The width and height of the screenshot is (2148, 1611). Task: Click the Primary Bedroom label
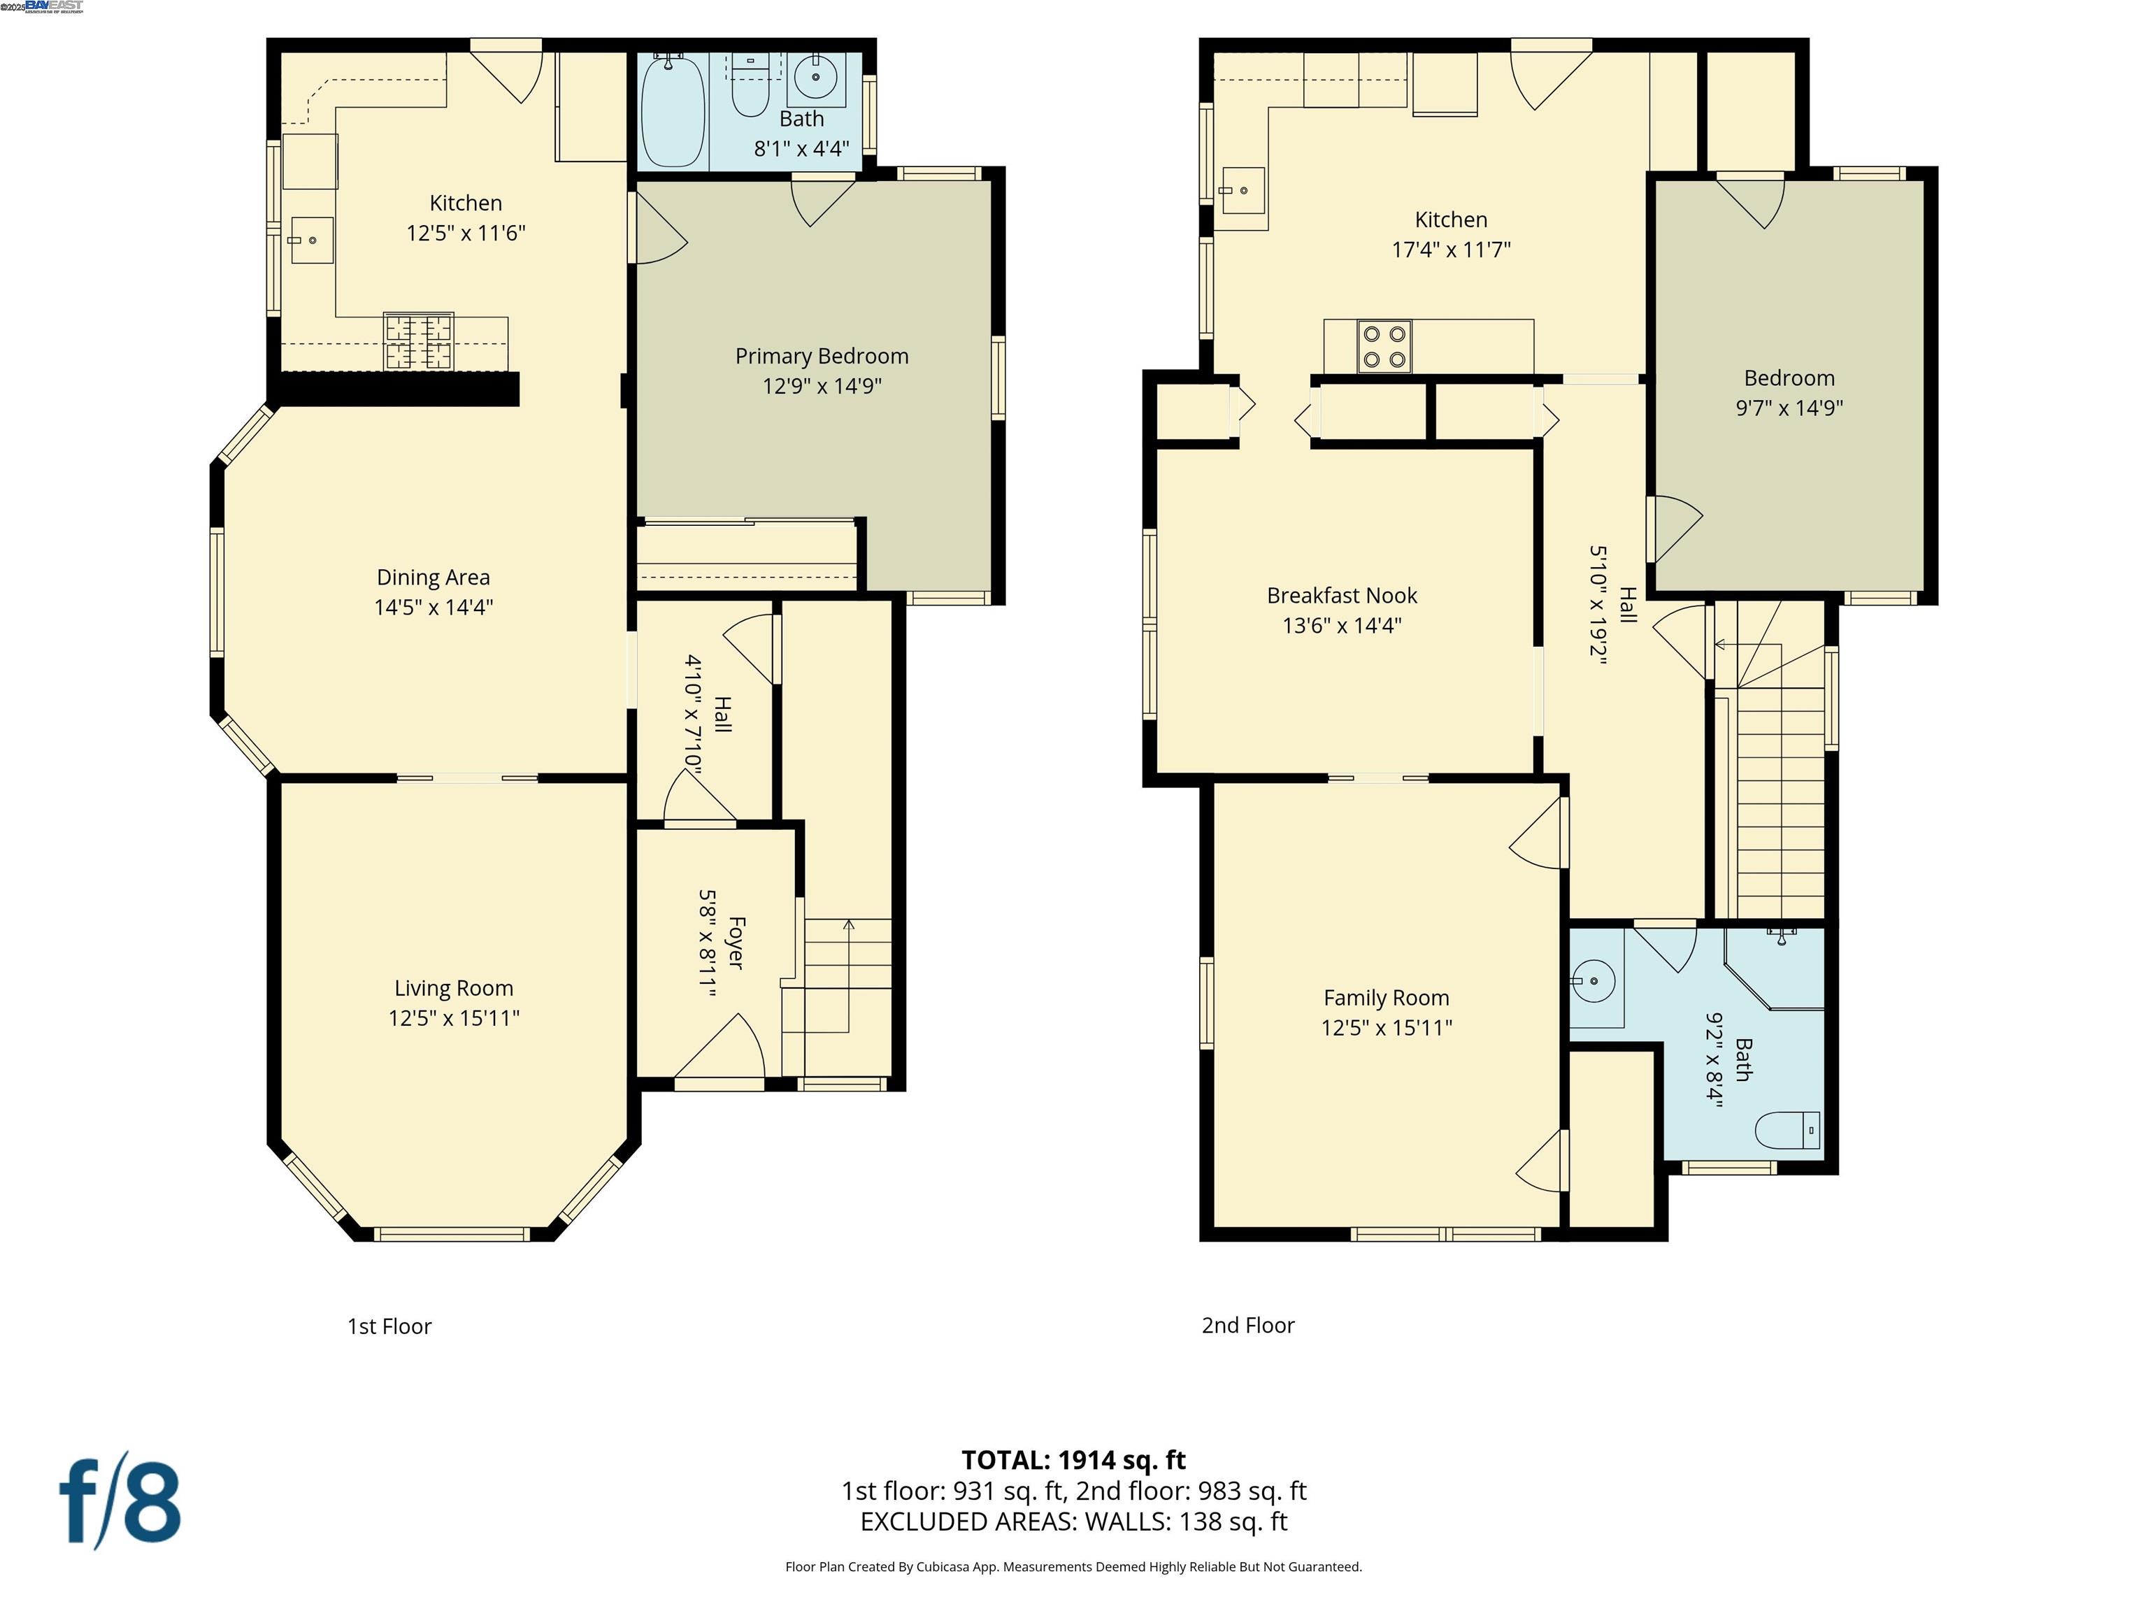[822, 357]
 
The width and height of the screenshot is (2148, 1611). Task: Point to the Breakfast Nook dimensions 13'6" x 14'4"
[1341, 625]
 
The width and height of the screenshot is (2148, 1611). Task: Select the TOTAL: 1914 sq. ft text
[1073, 1459]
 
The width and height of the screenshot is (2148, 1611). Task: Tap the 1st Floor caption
[389, 1326]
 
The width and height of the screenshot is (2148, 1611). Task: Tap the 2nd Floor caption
[1248, 1326]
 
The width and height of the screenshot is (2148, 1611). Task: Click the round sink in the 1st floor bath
[816, 78]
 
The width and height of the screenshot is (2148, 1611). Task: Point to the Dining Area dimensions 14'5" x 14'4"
[433, 607]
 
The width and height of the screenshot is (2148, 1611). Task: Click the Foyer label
[735, 942]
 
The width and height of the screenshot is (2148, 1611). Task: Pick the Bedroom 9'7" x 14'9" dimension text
[1789, 408]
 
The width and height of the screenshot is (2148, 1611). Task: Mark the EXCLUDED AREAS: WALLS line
[1073, 1521]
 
